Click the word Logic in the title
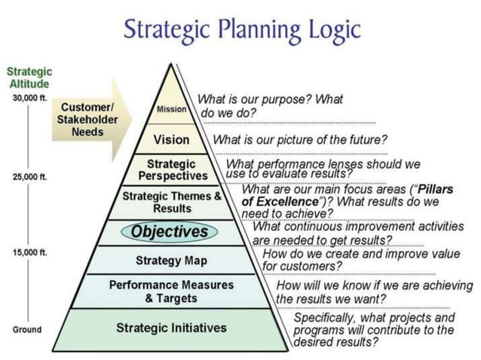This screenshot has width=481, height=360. click(x=329, y=30)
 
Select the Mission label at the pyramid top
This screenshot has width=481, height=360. click(x=171, y=109)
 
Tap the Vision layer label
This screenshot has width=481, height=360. click(x=171, y=140)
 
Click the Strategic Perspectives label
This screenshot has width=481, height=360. click(x=172, y=169)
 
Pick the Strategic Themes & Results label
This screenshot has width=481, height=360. click(x=172, y=202)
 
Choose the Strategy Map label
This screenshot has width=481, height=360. click(x=171, y=261)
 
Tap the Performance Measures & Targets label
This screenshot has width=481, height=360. click(x=171, y=291)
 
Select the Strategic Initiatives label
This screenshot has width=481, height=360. click(x=171, y=328)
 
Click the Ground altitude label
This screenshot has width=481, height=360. click(x=27, y=330)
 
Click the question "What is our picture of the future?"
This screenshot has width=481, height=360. click(x=300, y=139)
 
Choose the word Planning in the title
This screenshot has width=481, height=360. click(x=253, y=30)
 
